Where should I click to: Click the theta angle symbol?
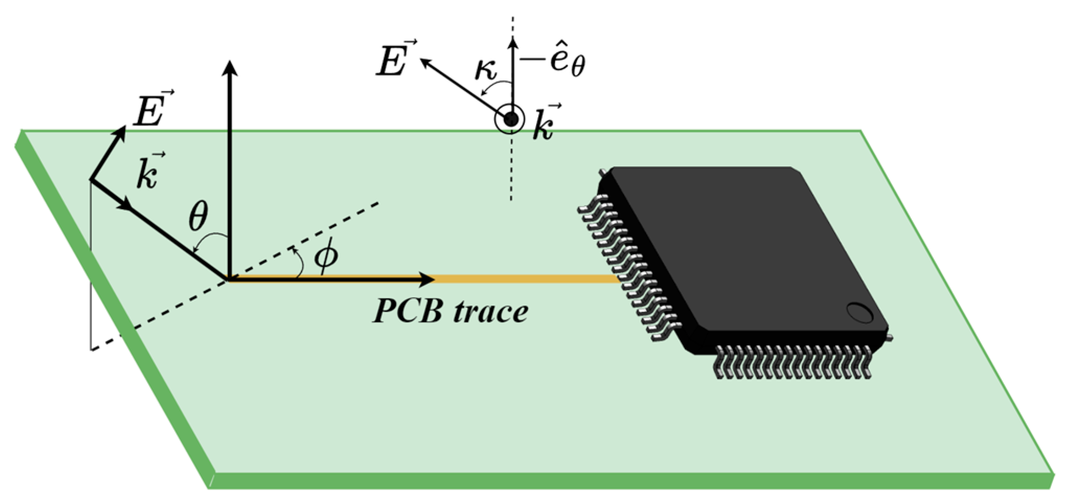[x=198, y=216]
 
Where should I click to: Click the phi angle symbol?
[x=325, y=256]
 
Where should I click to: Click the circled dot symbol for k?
[x=511, y=119]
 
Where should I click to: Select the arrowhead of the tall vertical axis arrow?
[x=229, y=69]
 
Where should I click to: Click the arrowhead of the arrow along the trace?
[x=426, y=279]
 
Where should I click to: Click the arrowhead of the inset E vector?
[x=426, y=63]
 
